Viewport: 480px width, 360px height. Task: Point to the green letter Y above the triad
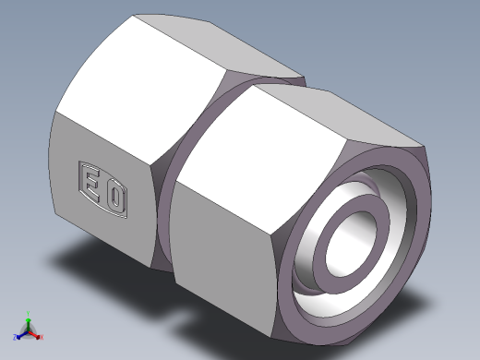28,312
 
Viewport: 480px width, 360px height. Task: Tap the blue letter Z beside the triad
15,337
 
